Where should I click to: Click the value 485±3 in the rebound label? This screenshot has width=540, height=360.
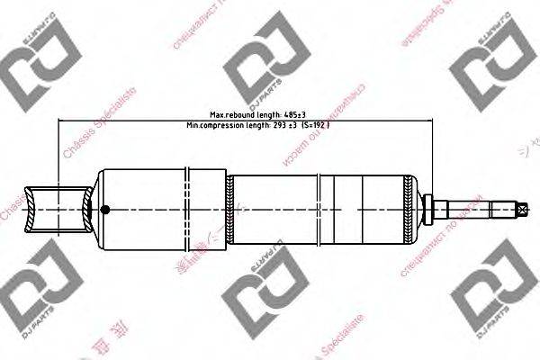tap(292, 115)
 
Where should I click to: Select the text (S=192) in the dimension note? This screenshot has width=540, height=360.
tap(316, 125)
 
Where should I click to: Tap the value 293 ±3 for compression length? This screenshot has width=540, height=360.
tap(284, 125)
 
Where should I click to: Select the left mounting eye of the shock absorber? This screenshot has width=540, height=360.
tap(59, 211)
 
